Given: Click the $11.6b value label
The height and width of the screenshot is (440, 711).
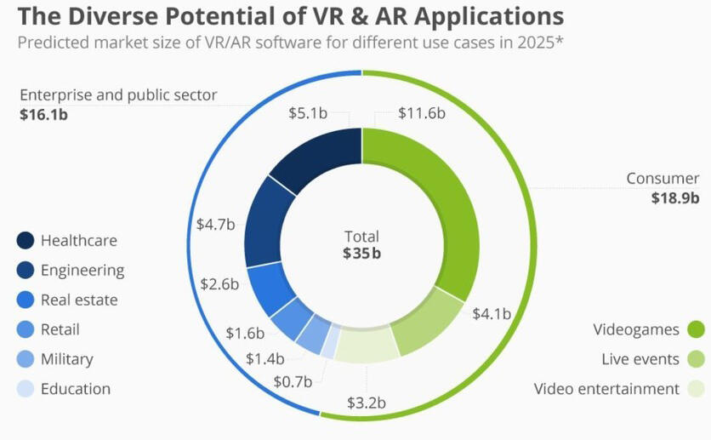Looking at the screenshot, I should (x=423, y=113).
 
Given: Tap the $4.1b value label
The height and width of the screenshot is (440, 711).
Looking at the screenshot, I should (x=492, y=313).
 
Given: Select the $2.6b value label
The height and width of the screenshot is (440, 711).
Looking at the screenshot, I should (x=219, y=283).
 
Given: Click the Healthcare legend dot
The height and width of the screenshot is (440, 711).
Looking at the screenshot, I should (x=26, y=241).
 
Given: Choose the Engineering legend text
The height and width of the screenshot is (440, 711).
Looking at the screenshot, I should (x=82, y=271).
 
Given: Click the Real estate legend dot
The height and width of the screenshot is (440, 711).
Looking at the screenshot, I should (x=26, y=300).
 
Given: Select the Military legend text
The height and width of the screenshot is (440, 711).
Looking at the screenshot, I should (x=66, y=359).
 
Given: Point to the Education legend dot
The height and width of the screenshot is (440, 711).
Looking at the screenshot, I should (x=26, y=389).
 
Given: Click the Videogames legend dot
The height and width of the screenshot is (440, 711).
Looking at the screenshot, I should (x=697, y=329).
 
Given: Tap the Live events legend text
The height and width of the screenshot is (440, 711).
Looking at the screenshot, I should (x=640, y=359).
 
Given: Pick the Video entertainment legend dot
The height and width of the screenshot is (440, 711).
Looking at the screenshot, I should (x=697, y=389).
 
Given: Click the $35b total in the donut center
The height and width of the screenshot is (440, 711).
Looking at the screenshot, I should (x=361, y=253).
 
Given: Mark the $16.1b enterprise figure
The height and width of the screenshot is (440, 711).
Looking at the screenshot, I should (x=43, y=113).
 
